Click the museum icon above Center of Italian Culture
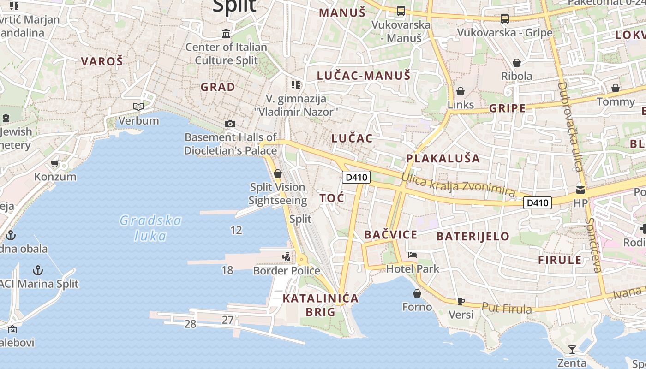tap(226, 34)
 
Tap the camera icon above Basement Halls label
tap(230, 124)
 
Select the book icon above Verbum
tap(138, 107)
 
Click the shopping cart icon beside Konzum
tap(55, 163)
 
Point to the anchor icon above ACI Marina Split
tap(38, 270)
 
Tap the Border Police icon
tap(287, 256)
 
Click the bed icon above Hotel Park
tap(413, 255)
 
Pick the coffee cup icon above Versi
tap(461, 301)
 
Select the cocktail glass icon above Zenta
tap(572, 349)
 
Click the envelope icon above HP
tap(580, 190)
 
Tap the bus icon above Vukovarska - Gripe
tap(505, 19)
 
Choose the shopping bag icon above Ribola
tap(517, 62)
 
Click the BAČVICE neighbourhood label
tap(390, 235)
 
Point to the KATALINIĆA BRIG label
tap(321, 305)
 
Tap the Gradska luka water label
tap(150, 228)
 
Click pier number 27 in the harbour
tap(227, 320)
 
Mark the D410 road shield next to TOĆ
tap(356, 177)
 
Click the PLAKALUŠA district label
tap(443, 159)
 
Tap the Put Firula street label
tap(506, 308)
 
